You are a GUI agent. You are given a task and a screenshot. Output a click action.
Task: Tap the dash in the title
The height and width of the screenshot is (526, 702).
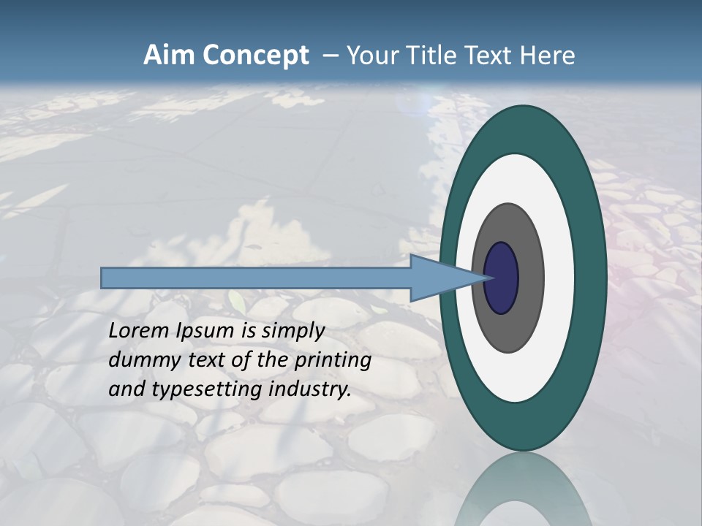[330, 56]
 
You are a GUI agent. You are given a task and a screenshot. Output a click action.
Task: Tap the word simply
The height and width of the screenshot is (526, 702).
[292, 331]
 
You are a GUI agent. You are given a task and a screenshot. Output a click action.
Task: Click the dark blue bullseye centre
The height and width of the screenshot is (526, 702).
[501, 278]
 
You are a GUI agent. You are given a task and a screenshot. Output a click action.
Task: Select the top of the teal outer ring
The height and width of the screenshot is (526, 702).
[524, 129]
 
